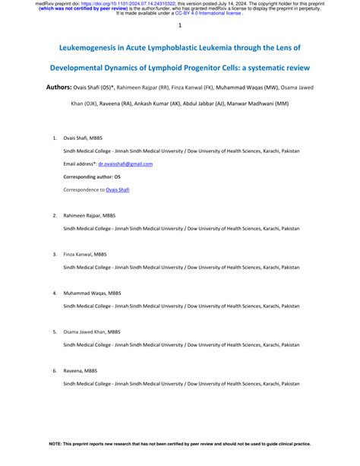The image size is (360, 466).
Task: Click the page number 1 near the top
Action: (x=180, y=26)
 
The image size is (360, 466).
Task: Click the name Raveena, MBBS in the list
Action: (x=81, y=370)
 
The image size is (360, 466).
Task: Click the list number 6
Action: (x=53, y=370)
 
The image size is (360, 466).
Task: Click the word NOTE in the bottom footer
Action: (x=55, y=443)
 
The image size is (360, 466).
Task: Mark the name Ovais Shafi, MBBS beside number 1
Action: (x=84, y=138)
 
